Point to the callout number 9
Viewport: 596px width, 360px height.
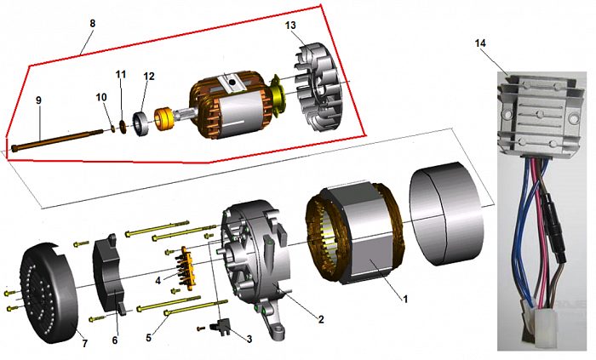[37, 100]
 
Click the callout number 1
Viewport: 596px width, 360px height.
[406, 300]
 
